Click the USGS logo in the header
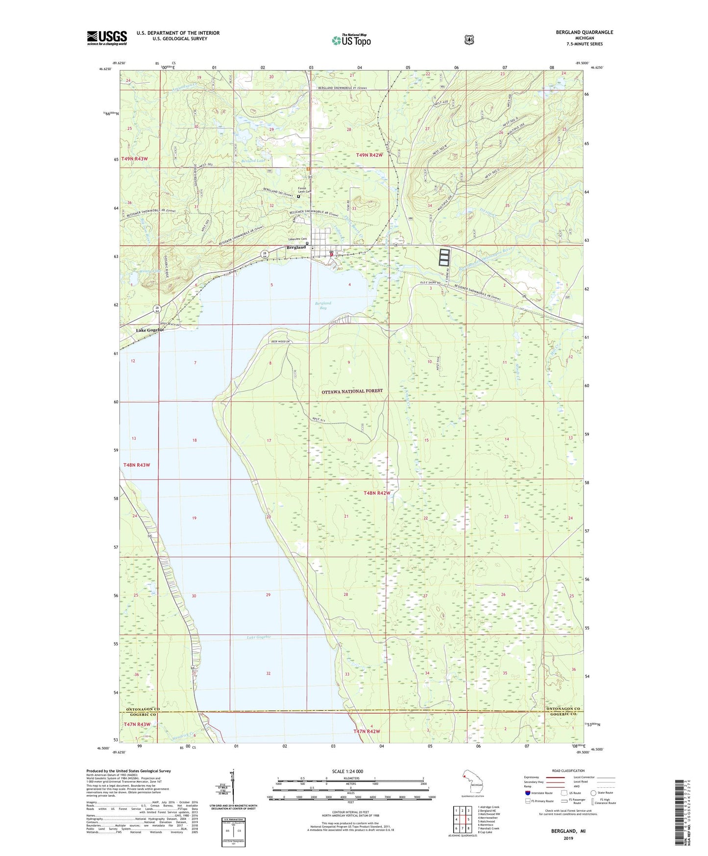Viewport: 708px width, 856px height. tap(107, 38)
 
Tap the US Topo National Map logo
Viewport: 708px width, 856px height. tap(351, 40)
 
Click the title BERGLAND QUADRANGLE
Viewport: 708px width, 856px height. tap(584, 32)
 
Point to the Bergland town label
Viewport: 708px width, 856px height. tap(296, 247)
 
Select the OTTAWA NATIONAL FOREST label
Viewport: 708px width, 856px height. tap(352, 391)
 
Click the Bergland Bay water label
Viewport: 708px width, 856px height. tap(323, 305)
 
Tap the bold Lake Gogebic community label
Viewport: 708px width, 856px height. tap(150, 330)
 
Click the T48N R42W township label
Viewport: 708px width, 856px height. tap(377, 493)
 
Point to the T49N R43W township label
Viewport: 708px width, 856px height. tap(135, 159)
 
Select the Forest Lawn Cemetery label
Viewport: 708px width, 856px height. tap(303, 190)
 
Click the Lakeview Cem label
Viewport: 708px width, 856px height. tap(296, 240)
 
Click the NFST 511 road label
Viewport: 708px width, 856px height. tap(319, 419)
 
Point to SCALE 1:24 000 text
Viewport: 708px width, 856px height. tap(347, 771)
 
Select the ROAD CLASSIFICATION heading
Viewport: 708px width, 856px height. tap(568, 771)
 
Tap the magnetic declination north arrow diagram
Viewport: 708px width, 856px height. tap(233, 787)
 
